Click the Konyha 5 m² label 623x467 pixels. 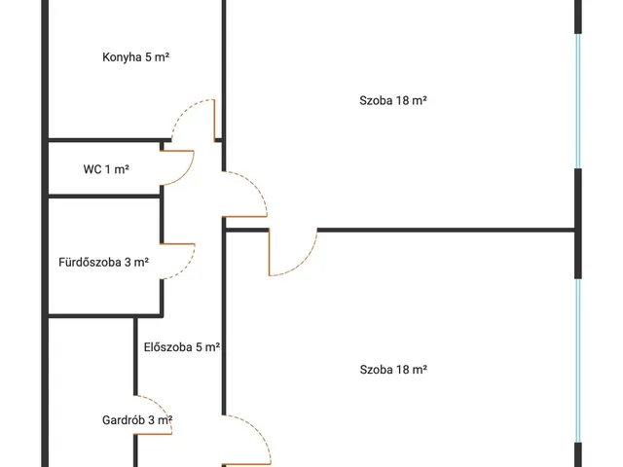136,57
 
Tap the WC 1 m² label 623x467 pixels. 106,169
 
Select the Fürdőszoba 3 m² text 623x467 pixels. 104,262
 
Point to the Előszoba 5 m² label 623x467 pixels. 182,347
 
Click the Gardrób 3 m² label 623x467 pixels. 137,419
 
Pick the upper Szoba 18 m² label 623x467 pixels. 393,100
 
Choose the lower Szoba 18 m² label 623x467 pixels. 393,370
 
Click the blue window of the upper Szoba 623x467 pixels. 578,101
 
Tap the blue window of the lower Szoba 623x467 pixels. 578,361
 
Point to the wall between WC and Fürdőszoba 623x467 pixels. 104,197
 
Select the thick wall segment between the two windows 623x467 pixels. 578,224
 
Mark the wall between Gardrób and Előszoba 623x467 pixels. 135,356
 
